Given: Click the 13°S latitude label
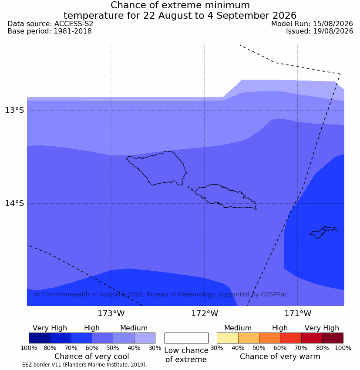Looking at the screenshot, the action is pos(14,110).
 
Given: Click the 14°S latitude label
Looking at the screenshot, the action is pos(14,203).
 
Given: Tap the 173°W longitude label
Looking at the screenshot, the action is pos(111,313).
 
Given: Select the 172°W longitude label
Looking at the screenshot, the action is pos(204,313).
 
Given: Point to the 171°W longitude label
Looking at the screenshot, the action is pos(297,313).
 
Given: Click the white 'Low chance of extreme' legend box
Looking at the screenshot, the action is pos(186,338).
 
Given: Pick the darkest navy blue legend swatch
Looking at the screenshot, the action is pos(40,338).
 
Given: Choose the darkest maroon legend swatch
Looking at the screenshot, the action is pos(333,338).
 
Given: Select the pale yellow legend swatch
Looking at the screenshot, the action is pos(227,338).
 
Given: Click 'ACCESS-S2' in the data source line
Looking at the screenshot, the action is pos(74,24).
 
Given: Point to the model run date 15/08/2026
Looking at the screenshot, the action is pos(333,24).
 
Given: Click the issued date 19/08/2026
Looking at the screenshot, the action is pos(333,31).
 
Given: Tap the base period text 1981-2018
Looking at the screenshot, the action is pos(73,31).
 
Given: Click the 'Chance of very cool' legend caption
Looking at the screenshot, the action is pos(92,357).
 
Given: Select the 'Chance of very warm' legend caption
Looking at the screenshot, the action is pos(280,357).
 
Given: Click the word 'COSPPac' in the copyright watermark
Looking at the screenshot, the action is pos(274,294).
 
